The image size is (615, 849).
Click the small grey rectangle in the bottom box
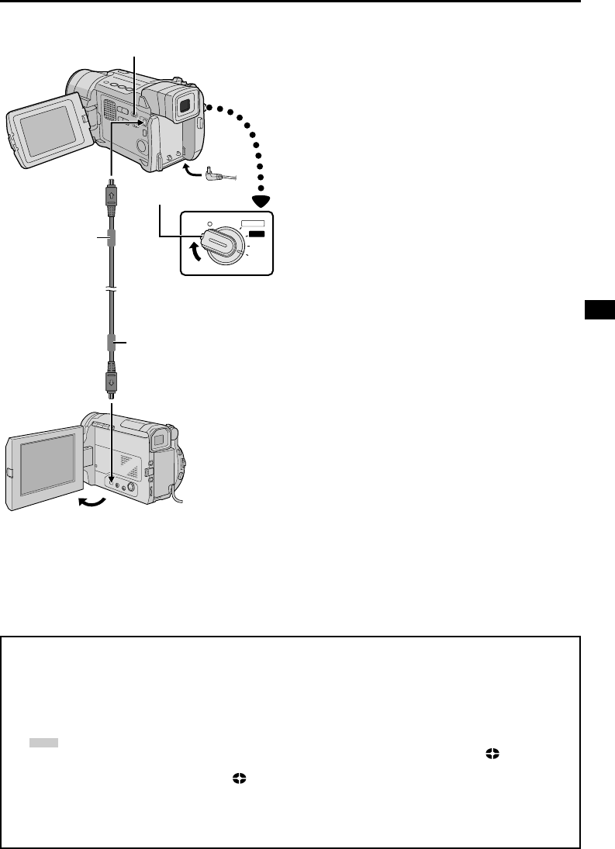pos(43,742)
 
